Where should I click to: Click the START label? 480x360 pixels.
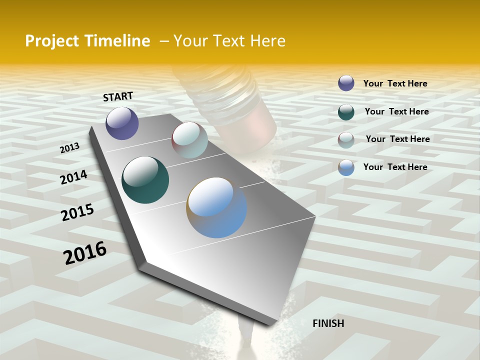point(118,96)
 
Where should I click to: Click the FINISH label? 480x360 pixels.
point(328,323)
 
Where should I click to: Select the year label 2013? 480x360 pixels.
point(70,148)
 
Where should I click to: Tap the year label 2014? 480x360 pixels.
point(74,177)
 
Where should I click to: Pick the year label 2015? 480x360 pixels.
point(77,212)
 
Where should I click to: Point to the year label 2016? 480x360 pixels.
point(85,253)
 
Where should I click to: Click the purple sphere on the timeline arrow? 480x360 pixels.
point(122,123)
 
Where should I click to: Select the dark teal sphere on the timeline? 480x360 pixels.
point(145,180)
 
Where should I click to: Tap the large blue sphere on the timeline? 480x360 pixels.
point(216,207)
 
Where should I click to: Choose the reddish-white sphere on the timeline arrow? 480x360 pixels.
point(189,140)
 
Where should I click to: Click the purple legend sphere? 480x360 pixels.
point(346,83)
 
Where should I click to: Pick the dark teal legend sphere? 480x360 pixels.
point(346,111)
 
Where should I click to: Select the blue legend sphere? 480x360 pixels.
point(346,167)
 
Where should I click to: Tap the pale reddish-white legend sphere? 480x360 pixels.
point(346,140)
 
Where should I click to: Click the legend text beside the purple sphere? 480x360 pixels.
point(395,83)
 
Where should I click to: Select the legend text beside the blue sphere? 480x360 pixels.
point(395,167)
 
